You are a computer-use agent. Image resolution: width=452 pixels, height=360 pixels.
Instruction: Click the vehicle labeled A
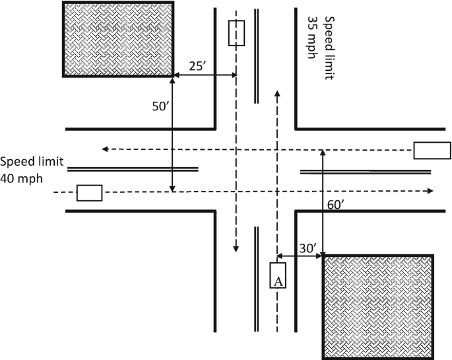278,275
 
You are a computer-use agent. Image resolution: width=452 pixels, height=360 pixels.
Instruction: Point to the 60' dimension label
335,205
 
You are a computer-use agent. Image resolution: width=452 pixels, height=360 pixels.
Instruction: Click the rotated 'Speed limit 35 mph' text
319,47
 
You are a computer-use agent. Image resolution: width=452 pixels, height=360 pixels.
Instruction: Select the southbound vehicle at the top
236,33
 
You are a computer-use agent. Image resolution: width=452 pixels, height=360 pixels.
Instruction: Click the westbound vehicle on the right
432,151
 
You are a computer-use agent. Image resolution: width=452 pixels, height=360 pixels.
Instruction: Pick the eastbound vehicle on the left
89,193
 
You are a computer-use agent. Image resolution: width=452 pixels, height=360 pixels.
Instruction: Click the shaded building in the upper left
119,39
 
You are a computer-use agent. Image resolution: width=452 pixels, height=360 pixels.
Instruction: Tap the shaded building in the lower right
377,306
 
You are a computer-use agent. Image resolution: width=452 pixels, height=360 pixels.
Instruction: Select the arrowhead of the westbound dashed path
104,149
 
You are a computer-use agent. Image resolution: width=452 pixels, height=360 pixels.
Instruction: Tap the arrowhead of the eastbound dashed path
430,191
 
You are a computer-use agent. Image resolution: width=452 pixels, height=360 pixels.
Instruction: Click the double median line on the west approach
132,168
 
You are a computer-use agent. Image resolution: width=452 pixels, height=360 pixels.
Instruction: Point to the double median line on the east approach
366,172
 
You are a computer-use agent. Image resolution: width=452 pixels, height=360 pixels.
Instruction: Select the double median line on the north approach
257,55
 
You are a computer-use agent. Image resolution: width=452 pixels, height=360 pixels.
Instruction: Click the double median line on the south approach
257,277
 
